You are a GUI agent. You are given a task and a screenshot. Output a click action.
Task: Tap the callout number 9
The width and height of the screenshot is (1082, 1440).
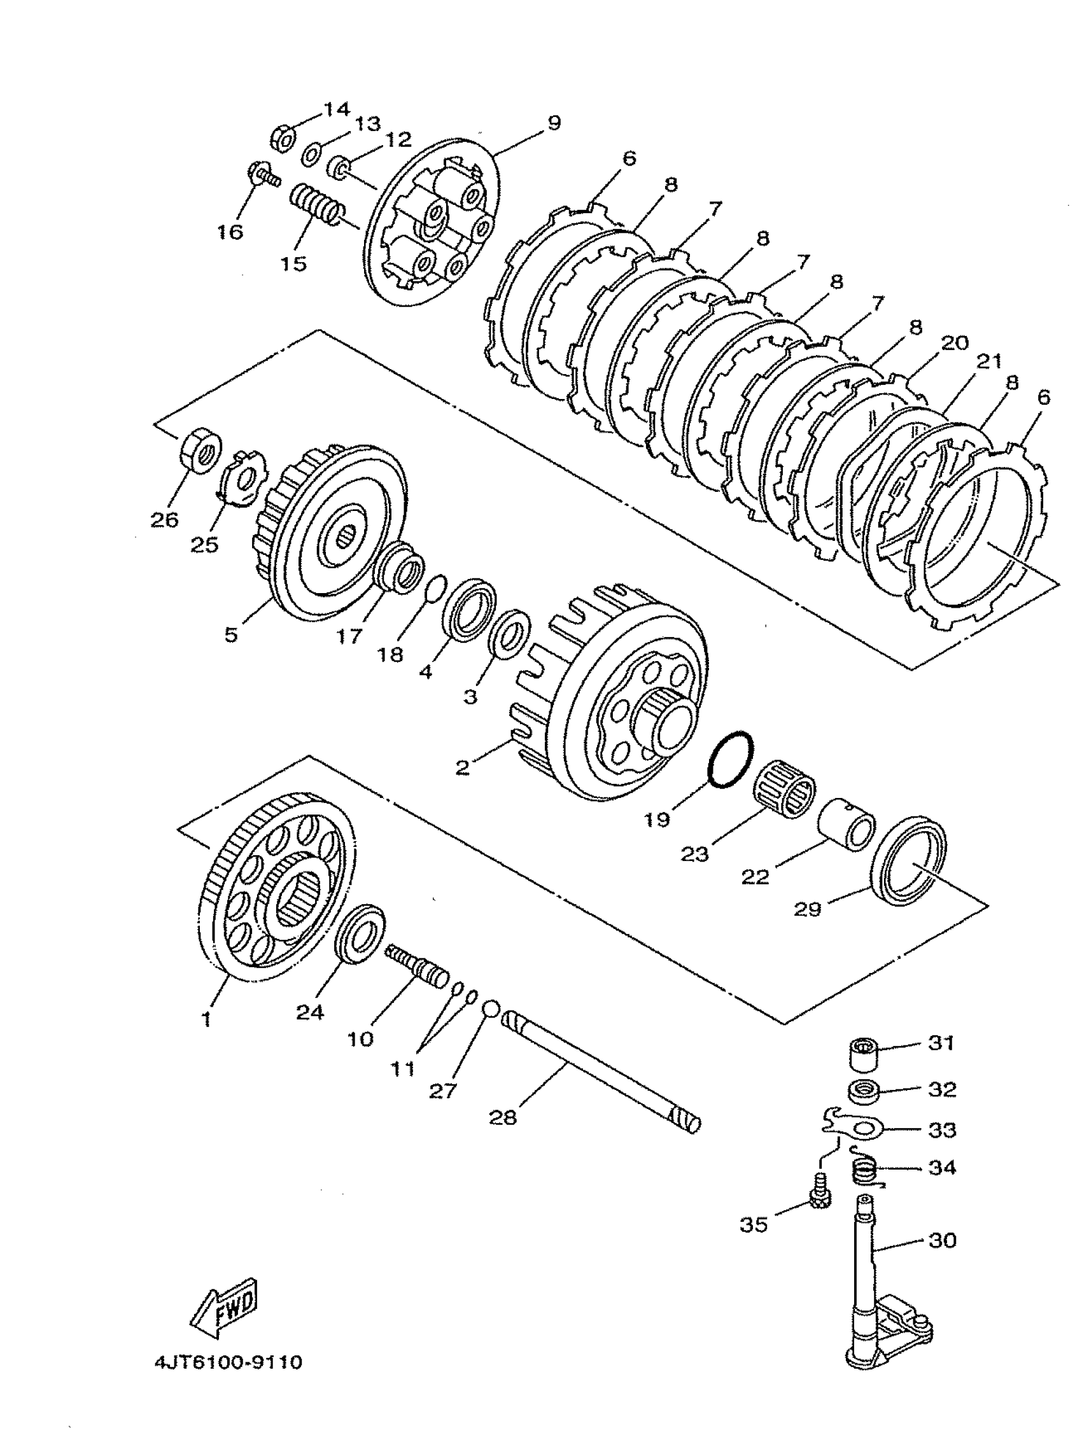(x=553, y=122)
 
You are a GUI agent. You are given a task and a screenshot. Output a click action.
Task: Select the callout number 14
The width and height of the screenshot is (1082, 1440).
(x=337, y=108)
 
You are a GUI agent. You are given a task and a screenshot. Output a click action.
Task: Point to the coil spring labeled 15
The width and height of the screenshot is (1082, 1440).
(x=316, y=204)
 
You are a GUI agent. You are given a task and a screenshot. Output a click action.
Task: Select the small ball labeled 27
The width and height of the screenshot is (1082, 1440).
(x=491, y=1010)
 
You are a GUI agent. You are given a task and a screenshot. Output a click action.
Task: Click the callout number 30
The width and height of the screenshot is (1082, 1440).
(x=942, y=1240)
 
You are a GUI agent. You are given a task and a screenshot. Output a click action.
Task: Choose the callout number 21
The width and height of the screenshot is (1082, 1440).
(x=989, y=361)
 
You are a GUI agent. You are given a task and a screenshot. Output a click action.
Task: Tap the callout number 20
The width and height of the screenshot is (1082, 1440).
(x=955, y=342)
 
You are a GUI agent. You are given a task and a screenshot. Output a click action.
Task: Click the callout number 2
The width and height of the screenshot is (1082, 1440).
(x=462, y=767)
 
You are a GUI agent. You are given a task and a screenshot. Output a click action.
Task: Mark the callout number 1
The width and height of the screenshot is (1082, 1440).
(x=206, y=1019)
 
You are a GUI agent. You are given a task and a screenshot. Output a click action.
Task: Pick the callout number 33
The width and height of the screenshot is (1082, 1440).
(x=942, y=1130)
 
